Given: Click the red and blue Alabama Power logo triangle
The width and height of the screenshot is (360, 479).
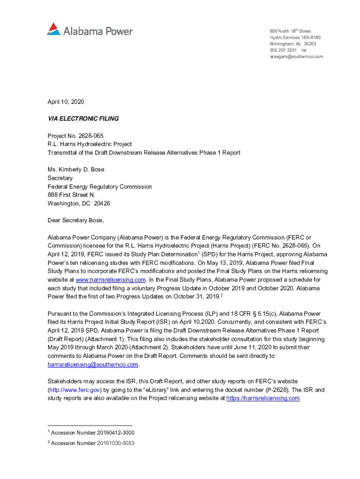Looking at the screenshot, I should pos(54,29).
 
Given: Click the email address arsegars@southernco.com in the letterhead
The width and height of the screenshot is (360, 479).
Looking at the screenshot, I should pos(296,57).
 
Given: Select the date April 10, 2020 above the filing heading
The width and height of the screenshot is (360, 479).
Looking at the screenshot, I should pos(66,102).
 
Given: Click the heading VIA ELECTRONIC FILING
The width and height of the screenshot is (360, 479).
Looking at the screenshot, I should pos(83,119).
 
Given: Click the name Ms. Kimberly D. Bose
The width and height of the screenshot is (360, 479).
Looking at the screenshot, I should pos(76,170).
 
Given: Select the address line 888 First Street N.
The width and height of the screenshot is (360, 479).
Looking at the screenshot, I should pos(71,195).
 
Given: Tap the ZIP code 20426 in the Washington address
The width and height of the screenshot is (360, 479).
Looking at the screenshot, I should pos(102,203).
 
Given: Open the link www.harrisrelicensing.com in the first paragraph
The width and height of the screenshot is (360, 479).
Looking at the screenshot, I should pos(111,280).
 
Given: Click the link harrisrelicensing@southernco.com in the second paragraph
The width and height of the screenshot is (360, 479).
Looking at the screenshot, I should pos(93,364).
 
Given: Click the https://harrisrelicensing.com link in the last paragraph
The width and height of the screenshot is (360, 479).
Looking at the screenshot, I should pos(263,398).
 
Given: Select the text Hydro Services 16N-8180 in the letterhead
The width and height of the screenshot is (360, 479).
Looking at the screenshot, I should pos(295,37).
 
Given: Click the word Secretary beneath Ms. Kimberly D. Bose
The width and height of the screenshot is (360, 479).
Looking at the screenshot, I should pos(60,178).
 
